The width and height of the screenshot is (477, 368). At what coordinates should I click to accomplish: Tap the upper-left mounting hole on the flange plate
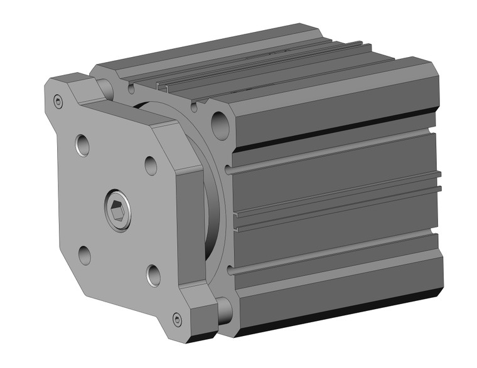pyautogui.click(x=83, y=145)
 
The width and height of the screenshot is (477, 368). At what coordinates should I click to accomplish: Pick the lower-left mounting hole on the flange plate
pyautogui.click(x=84, y=255)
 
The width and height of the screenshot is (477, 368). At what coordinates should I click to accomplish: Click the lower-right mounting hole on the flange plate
pyautogui.click(x=153, y=274)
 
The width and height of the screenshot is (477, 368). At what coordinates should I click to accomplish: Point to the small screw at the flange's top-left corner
pyautogui.click(x=58, y=102)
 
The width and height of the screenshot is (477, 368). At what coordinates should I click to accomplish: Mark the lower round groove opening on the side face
pyautogui.click(x=231, y=271)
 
